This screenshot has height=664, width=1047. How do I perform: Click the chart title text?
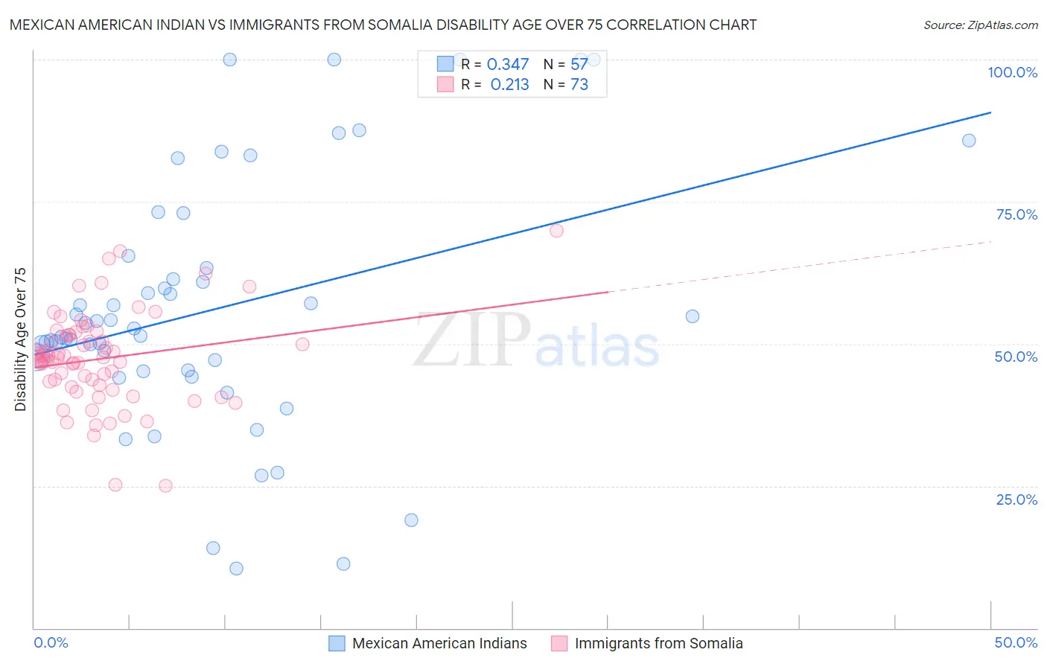(x=383, y=25)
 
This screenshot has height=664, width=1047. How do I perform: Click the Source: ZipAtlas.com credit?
(x=980, y=25)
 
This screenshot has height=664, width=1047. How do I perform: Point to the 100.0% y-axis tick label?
(x=1012, y=72)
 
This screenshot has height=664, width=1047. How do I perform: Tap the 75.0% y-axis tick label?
(x=1016, y=214)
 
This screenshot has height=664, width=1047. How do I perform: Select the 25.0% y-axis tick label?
(x=1016, y=499)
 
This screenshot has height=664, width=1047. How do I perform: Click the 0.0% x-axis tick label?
(x=51, y=642)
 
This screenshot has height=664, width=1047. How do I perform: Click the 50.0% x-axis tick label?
(x=1016, y=642)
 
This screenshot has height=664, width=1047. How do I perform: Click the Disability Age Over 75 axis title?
(x=20, y=339)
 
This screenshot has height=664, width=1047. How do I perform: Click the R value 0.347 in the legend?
(x=508, y=65)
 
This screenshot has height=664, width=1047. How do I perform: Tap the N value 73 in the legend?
(x=579, y=85)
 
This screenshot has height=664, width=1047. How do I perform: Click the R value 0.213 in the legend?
(x=509, y=85)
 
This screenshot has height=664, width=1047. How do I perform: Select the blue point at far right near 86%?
(x=969, y=141)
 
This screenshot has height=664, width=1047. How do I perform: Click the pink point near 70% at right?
(x=556, y=231)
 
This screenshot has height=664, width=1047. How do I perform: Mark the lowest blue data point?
(x=236, y=569)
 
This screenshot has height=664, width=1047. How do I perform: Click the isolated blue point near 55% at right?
(x=693, y=316)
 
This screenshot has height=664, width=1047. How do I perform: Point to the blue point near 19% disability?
(x=411, y=520)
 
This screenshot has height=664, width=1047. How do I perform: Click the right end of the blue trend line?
(x=991, y=112)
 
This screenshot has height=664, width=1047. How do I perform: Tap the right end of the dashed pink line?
(x=991, y=241)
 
